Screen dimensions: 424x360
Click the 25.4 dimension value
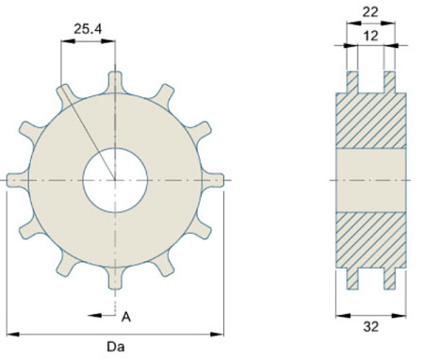88,29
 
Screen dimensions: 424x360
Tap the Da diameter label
116,347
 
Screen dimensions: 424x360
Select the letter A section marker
126,318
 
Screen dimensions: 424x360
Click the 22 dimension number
370,12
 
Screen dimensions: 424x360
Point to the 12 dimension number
370,36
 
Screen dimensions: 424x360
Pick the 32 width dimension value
371,327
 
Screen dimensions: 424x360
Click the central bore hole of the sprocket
115,180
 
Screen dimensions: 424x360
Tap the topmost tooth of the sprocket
115,82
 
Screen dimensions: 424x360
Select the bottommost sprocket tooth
115,278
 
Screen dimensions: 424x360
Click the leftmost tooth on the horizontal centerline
18,180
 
